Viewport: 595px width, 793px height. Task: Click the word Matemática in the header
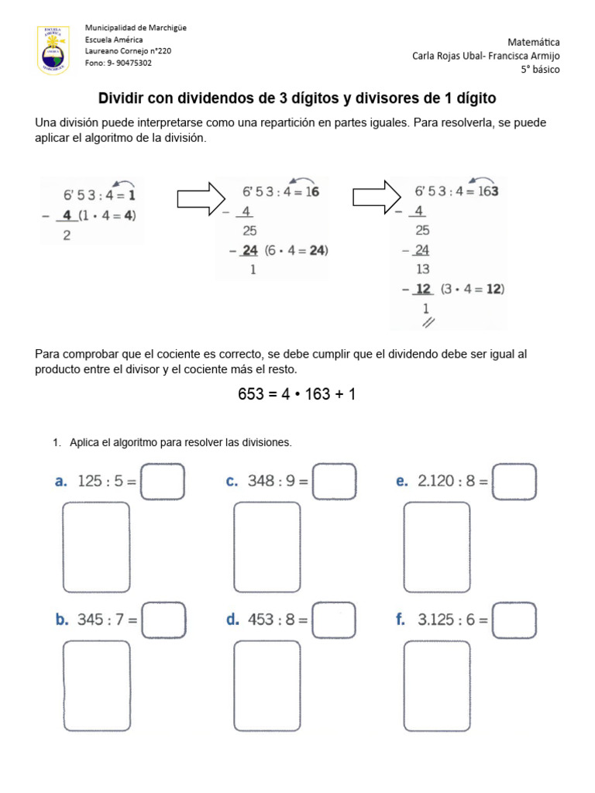coord(534,42)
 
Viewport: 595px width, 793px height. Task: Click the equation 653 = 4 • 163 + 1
coord(297,394)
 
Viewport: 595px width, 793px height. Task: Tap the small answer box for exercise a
coord(163,481)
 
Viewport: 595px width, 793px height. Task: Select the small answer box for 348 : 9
coord(335,481)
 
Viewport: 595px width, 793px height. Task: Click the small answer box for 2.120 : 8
coord(514,481)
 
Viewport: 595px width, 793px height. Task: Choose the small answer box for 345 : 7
coord(164,620)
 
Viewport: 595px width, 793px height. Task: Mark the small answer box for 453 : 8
coord(334,620)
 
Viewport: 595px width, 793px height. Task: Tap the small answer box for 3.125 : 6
coord(514,620)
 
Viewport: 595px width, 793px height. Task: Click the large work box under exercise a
coord(96,547)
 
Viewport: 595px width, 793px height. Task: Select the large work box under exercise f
coord(436,686)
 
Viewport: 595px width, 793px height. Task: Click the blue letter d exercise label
coord(232,620)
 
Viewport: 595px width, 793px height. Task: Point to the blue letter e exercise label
coord(401,481)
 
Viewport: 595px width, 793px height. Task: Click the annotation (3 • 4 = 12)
coord(472,289)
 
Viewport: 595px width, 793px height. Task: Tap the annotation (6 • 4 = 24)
coord(296,250)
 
